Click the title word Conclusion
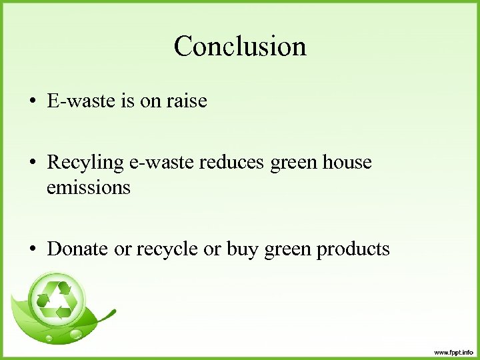(240, 47)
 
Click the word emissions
(89, 188)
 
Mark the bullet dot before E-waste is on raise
(32, 102)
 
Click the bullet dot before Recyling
(32, 163)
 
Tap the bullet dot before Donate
(32, 249)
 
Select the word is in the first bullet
(127, 101)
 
